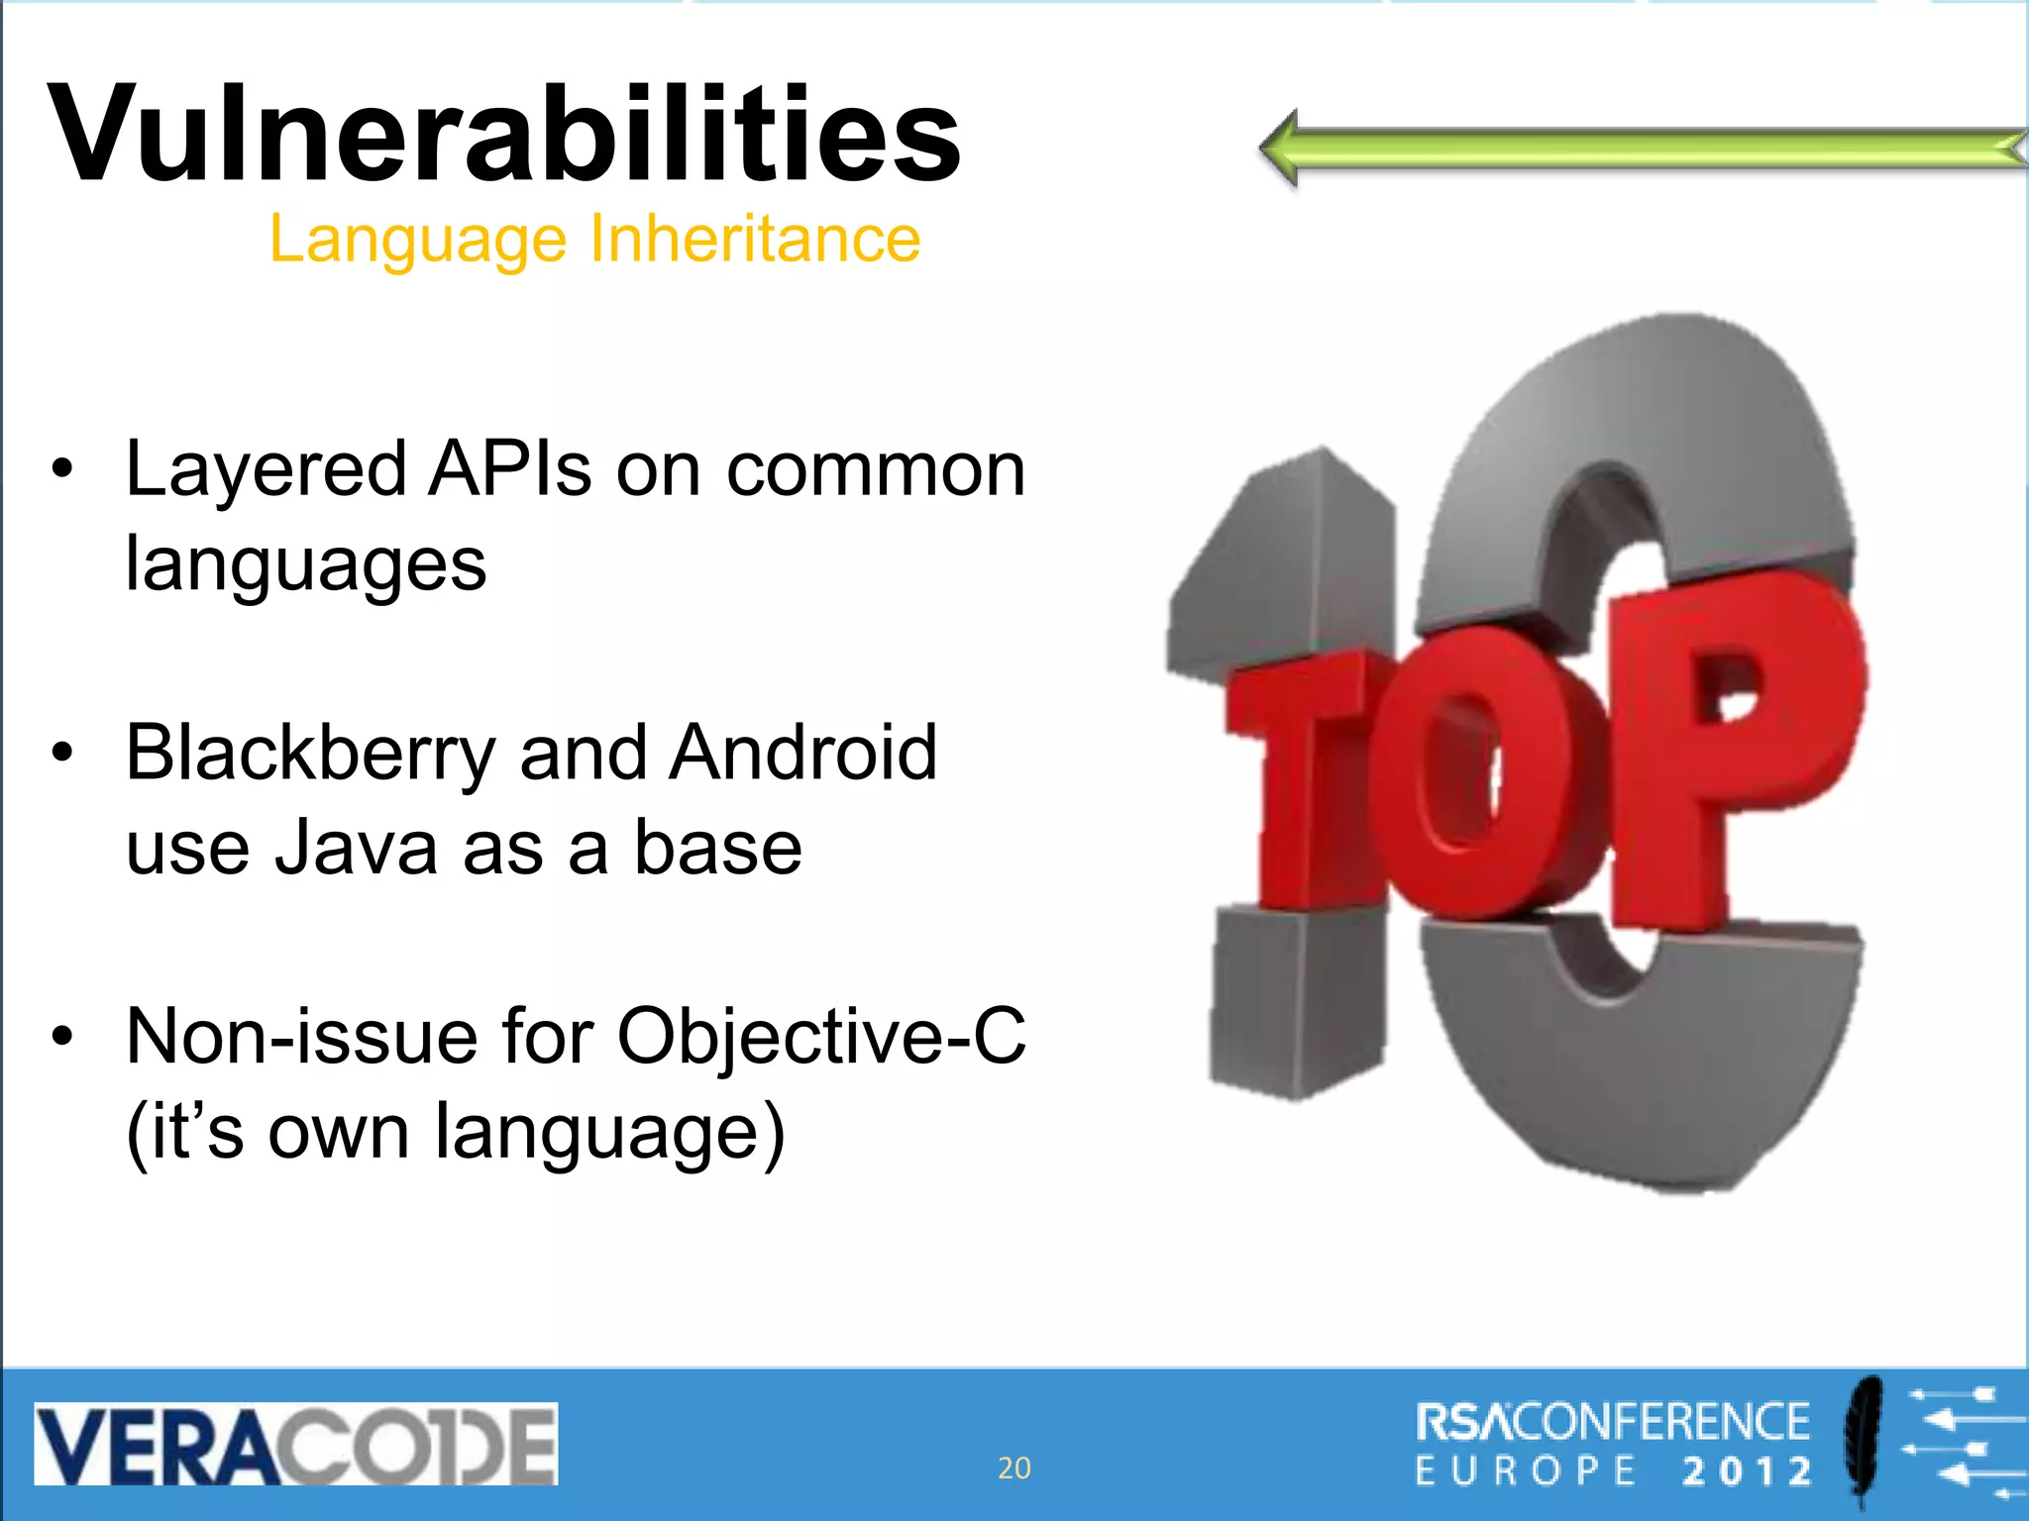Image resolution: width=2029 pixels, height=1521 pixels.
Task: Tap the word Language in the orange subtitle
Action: (416, 240)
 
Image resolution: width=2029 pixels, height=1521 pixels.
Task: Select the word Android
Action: (802, 753)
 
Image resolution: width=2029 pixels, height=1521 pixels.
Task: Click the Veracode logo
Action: (295, 1443)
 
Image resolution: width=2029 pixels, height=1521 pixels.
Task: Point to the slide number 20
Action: (1014, 1468)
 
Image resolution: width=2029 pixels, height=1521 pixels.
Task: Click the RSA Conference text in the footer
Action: (1613, 1423)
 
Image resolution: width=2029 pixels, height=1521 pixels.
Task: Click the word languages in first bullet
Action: (305, 564)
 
